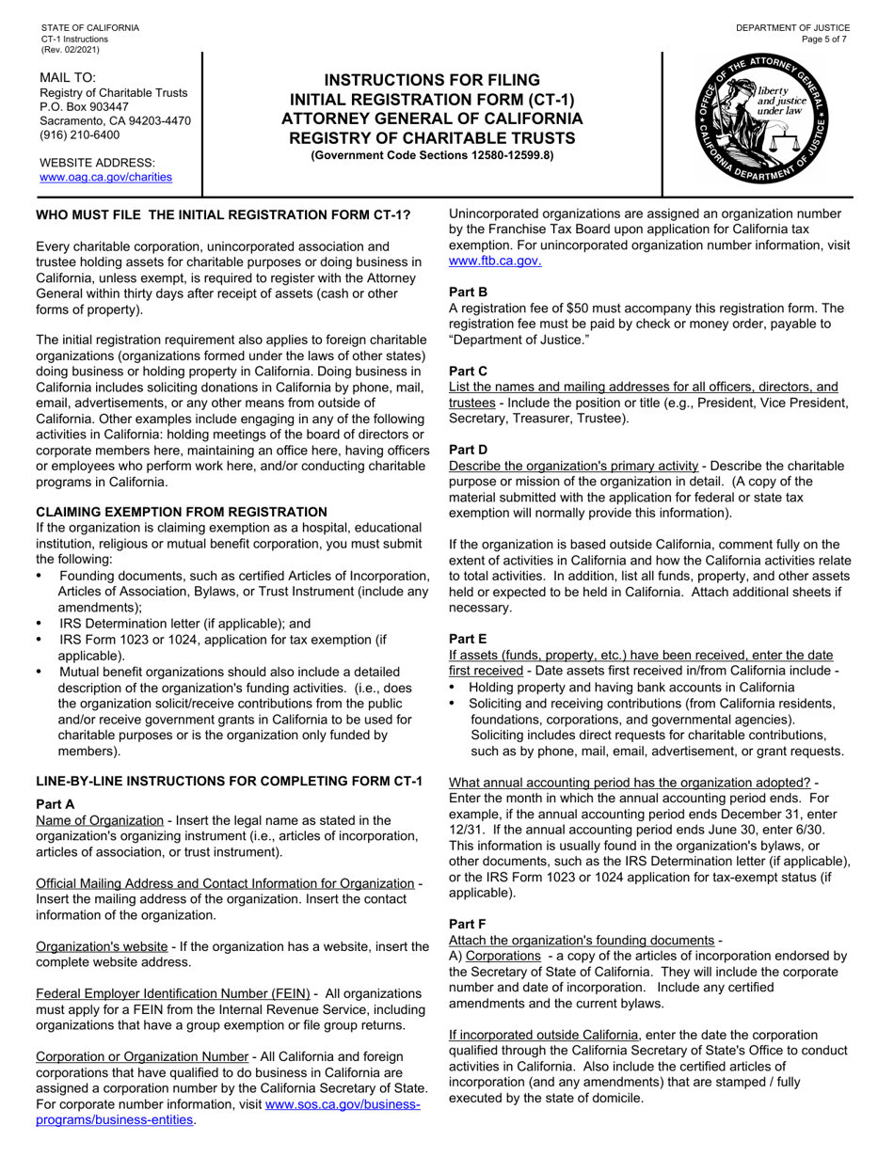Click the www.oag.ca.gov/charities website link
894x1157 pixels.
105,177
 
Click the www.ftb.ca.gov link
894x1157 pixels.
495,261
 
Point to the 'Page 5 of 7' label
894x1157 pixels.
824,40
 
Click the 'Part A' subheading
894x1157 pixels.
55,804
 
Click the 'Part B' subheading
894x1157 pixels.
468,293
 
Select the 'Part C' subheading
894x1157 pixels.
468,372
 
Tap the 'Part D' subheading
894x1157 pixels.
468,451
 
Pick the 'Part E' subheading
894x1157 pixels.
468,638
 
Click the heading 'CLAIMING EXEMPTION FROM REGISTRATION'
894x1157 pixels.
182,512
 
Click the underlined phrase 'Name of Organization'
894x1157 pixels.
99,820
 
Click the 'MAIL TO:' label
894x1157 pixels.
68,77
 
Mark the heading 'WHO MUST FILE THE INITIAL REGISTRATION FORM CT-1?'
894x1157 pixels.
223,214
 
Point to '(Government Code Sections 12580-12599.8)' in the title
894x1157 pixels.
432,155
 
